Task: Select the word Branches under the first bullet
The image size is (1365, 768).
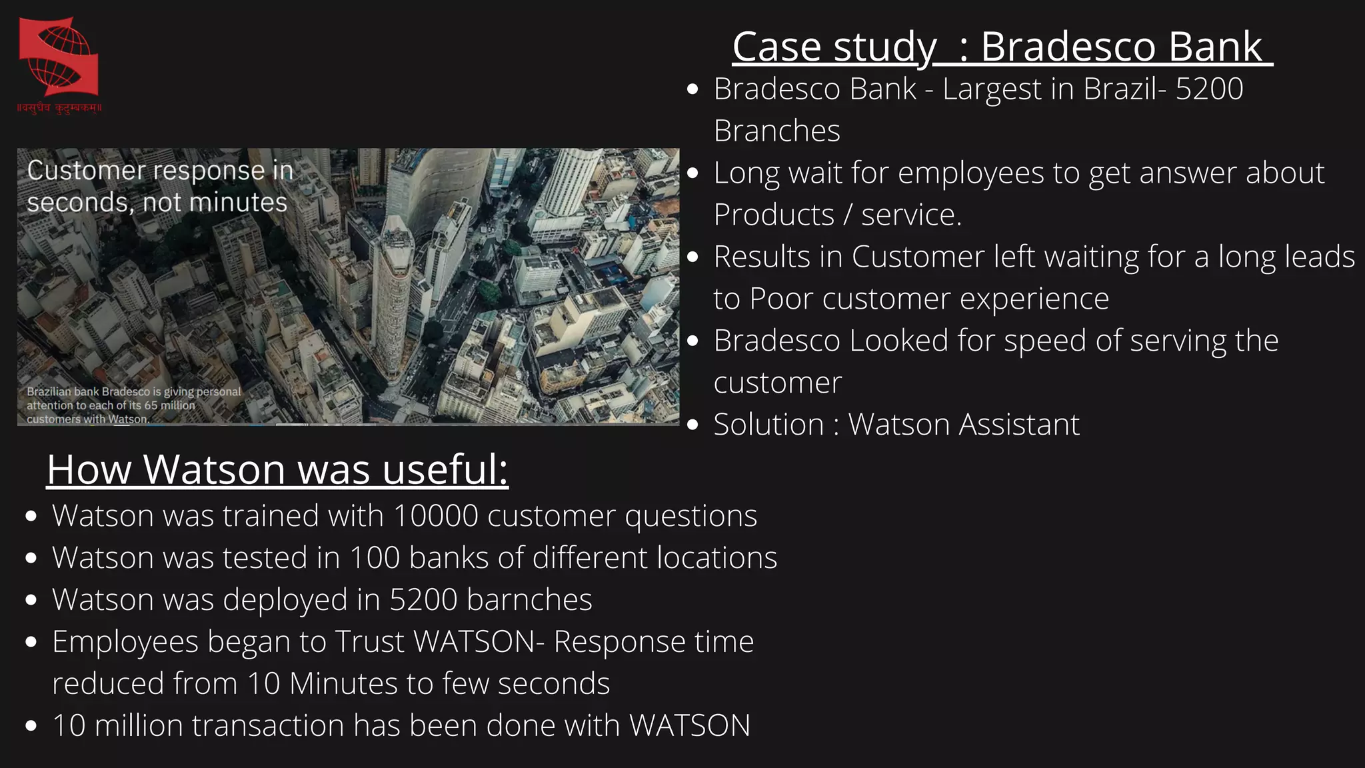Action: (776, 131)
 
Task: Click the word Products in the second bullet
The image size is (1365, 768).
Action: (773, 215)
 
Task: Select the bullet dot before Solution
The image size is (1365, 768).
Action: (693, 425)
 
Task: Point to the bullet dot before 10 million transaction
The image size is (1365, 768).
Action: (31, 726)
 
